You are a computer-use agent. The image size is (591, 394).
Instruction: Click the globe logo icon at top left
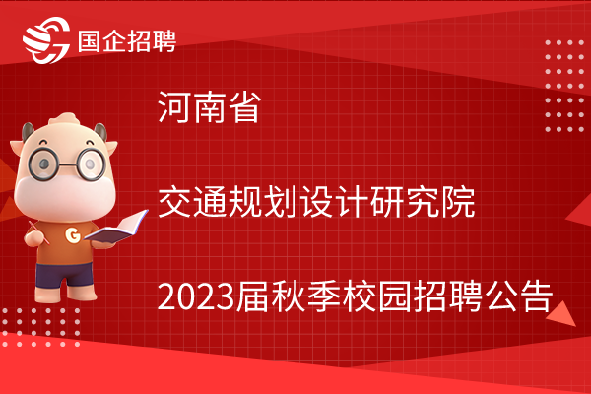[46, 40]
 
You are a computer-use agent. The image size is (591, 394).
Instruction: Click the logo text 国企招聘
[127, 41]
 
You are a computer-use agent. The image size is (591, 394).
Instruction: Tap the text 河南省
[210, 107]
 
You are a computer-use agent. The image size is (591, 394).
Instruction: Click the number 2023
[196, 297]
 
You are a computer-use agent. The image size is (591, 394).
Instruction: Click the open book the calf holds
[116, 228]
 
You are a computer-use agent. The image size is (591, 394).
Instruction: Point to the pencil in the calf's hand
[38, 232]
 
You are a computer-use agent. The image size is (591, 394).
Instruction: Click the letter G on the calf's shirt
[73, 234]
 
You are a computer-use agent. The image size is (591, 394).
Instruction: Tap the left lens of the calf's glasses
[43, 164]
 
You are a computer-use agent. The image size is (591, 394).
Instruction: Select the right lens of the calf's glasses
[91, 164]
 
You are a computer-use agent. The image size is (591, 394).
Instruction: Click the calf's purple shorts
[64, 275]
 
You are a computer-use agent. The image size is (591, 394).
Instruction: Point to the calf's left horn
[28, 132]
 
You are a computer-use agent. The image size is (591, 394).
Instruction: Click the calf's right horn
[100, 132]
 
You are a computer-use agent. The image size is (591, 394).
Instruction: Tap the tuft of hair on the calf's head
[65, 120]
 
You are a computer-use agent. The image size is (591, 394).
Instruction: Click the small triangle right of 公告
[562, 315]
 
